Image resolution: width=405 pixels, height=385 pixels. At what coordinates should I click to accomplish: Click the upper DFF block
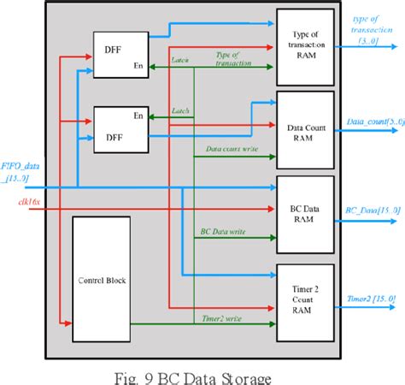coord(119,54)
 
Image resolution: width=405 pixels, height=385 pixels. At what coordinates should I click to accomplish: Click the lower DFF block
coord(119,128)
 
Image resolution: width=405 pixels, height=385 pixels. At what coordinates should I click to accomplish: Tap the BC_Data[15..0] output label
coord(365,210)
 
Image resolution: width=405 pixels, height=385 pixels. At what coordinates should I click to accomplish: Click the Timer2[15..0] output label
coord(366,299)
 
